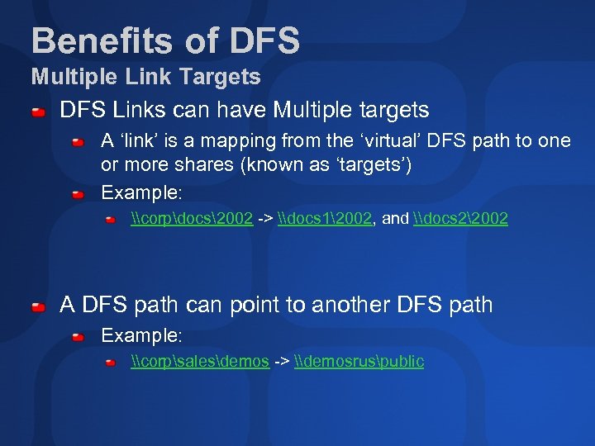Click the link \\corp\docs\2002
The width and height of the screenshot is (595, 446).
(x=192, y=219)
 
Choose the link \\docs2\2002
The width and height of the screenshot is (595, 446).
(x=459, y=219)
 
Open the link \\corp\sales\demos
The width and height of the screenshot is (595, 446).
(x=200, y=361)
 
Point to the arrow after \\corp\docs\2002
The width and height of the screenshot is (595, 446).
(x=265, y=219)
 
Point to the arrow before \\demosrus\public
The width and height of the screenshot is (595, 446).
(x=281, y=361)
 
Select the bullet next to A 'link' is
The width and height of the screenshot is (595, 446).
(x=78, y=142)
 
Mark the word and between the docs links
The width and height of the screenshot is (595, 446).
(x=396, y=219)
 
